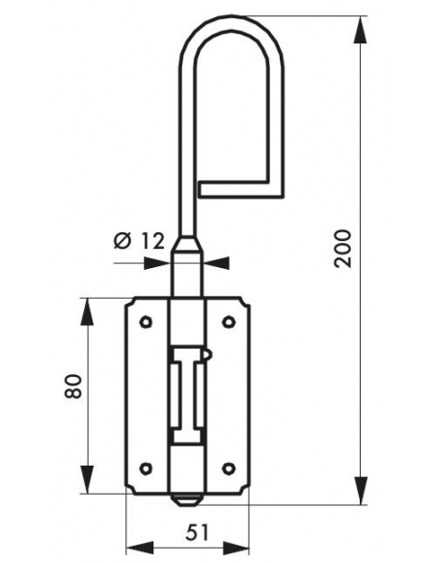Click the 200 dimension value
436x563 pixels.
pos(342,248)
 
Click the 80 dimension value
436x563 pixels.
pos(73,386)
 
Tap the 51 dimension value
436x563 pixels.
pos(197,532)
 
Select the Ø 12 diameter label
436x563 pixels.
pos(139,241)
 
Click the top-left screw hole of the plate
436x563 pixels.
pos(146,321)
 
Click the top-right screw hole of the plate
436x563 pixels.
pos(229,321)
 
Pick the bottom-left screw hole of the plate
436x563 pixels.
pos(146,469)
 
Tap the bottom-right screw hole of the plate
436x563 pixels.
pos(229,469)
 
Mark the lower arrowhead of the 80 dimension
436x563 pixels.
pos(87,480)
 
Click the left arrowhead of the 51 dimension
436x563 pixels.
pos(140,549)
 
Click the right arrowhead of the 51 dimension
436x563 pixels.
pos(235,549)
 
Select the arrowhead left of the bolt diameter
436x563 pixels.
pos(156,263)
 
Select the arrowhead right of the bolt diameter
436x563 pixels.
pos(216,263)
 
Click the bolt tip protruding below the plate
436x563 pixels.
pos(185,499)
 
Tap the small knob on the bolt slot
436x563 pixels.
pos(208,355)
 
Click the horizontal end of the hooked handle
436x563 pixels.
pos(241,189)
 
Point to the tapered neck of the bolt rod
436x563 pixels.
pos(187,244)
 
